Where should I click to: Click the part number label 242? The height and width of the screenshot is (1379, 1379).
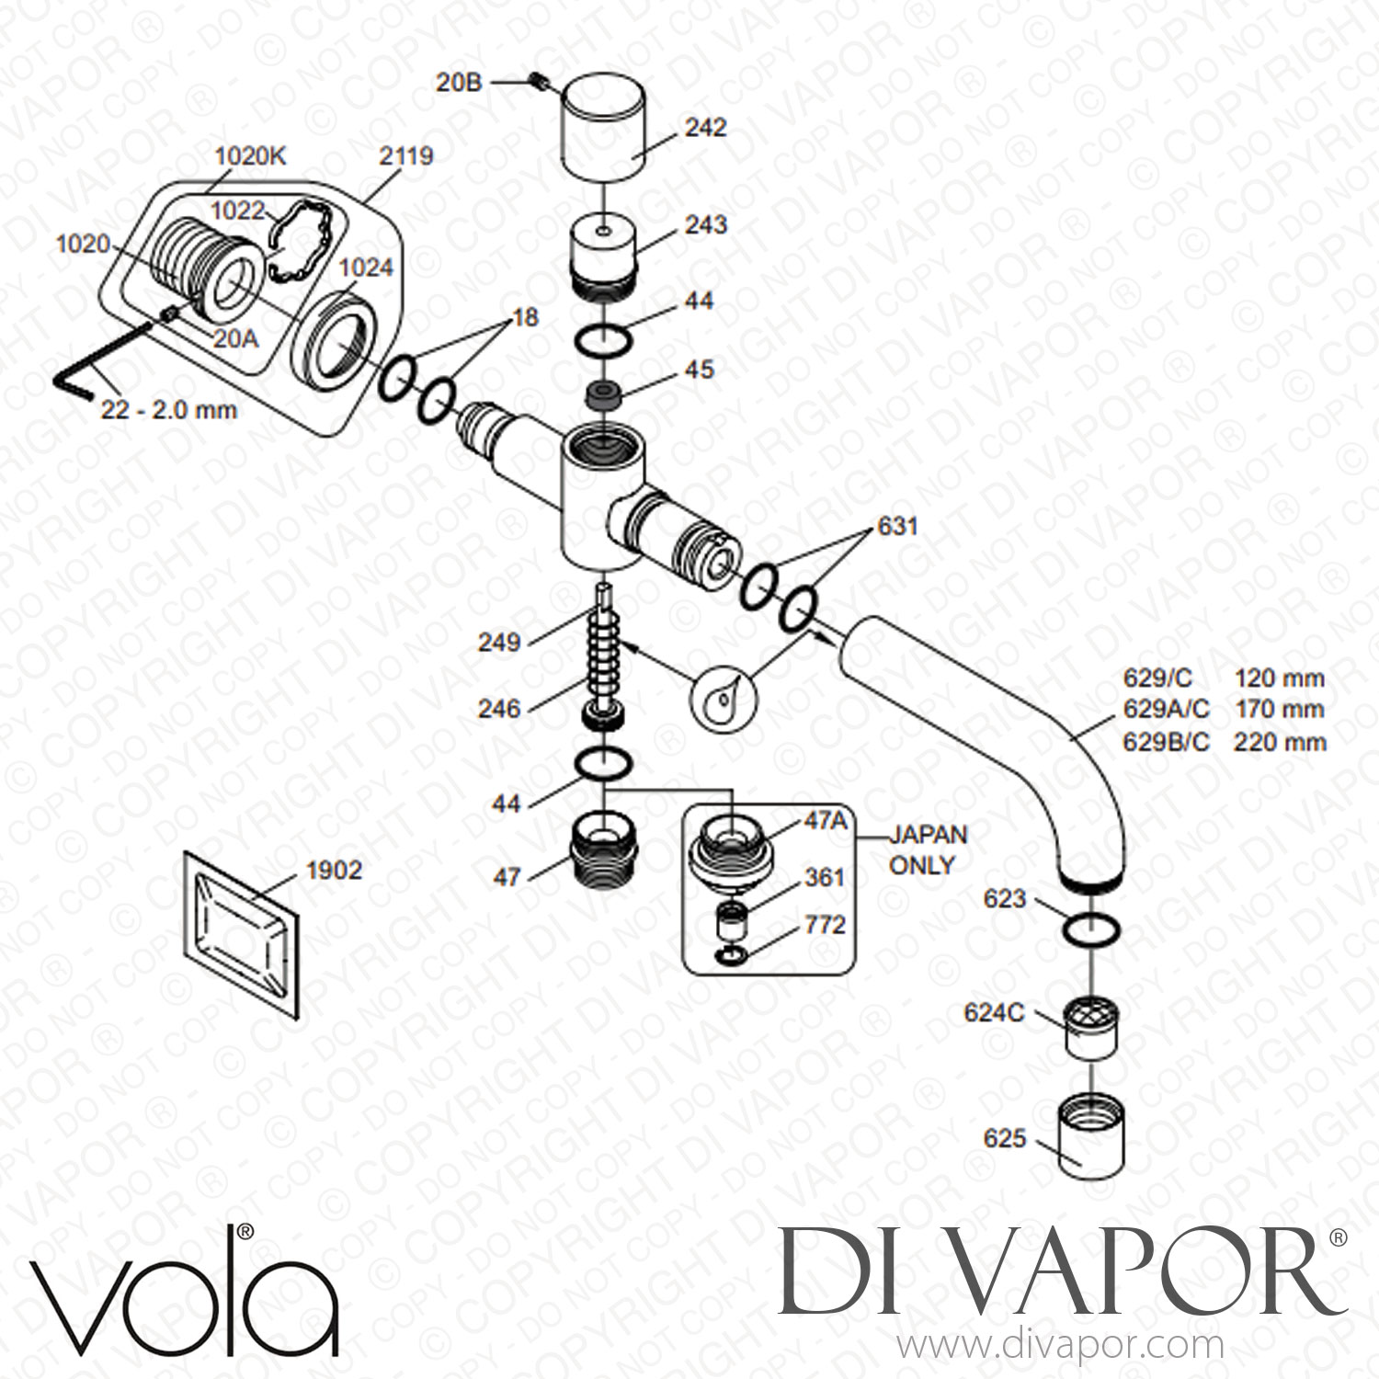(x=705, y=127)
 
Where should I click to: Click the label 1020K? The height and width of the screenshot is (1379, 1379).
(x=250, y=157)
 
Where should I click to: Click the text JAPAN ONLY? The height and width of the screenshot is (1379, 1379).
(x=927, y=849)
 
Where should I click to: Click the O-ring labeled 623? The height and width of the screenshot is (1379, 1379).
(x=1090, y=930)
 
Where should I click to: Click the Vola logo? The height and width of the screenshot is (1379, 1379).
(x=184, y=1289)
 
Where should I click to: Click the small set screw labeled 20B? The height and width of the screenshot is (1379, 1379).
(x=542, y=84)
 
